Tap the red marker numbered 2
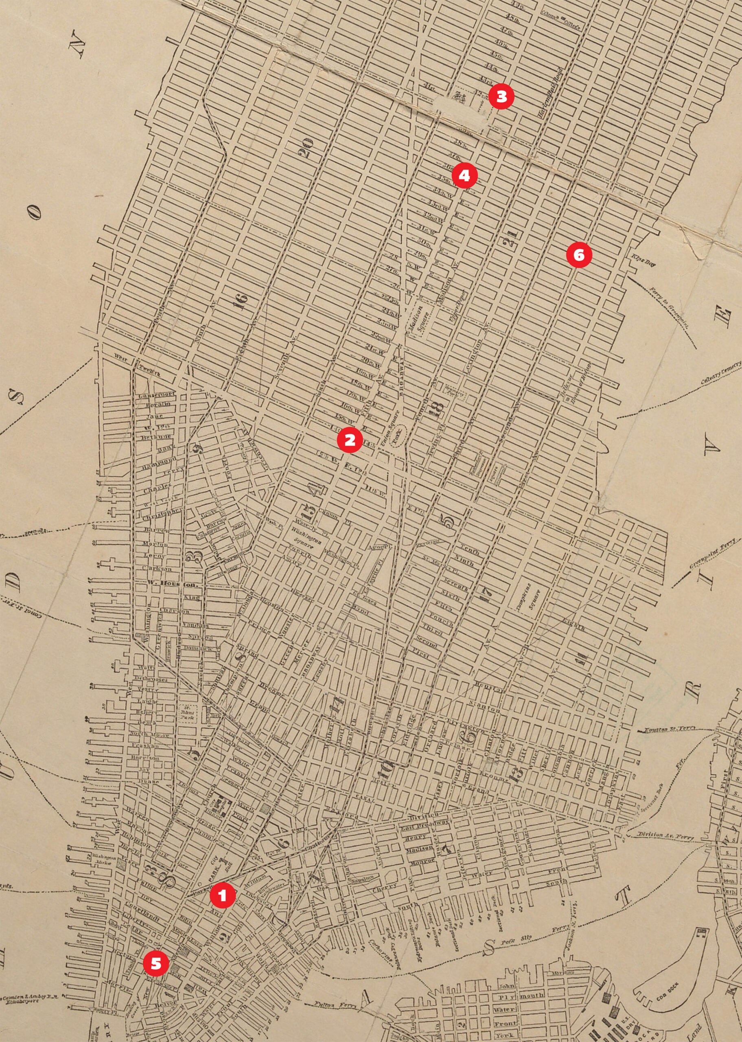(350, 440)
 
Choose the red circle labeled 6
(579, 255)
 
